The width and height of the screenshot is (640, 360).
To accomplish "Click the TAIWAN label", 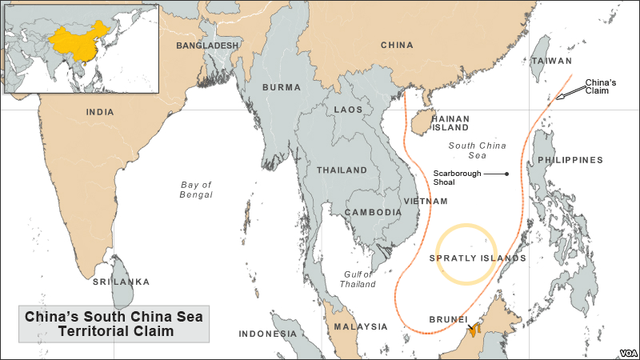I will pyautogui.click(x=553, y=61).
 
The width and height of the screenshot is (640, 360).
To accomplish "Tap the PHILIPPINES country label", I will pyautogui.click(x=570, y=160).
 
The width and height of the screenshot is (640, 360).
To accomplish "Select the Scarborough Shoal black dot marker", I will pyautogui.click(x=506, y=174).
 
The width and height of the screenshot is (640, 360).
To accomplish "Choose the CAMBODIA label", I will pyautogui.click(x=373, y=212).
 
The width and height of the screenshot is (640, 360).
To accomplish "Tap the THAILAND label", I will pyautogui.click(x=342, y=170).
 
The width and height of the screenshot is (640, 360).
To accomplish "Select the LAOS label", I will pyautogui.click(x=348, y=109).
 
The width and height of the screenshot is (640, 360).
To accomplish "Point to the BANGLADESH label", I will pyautogui.click(x=207, y=46).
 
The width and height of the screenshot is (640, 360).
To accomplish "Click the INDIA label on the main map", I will pyautogui.click(x=100, y=112).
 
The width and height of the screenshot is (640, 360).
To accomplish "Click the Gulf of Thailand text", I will pyautogui.click(x=357, y=279).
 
